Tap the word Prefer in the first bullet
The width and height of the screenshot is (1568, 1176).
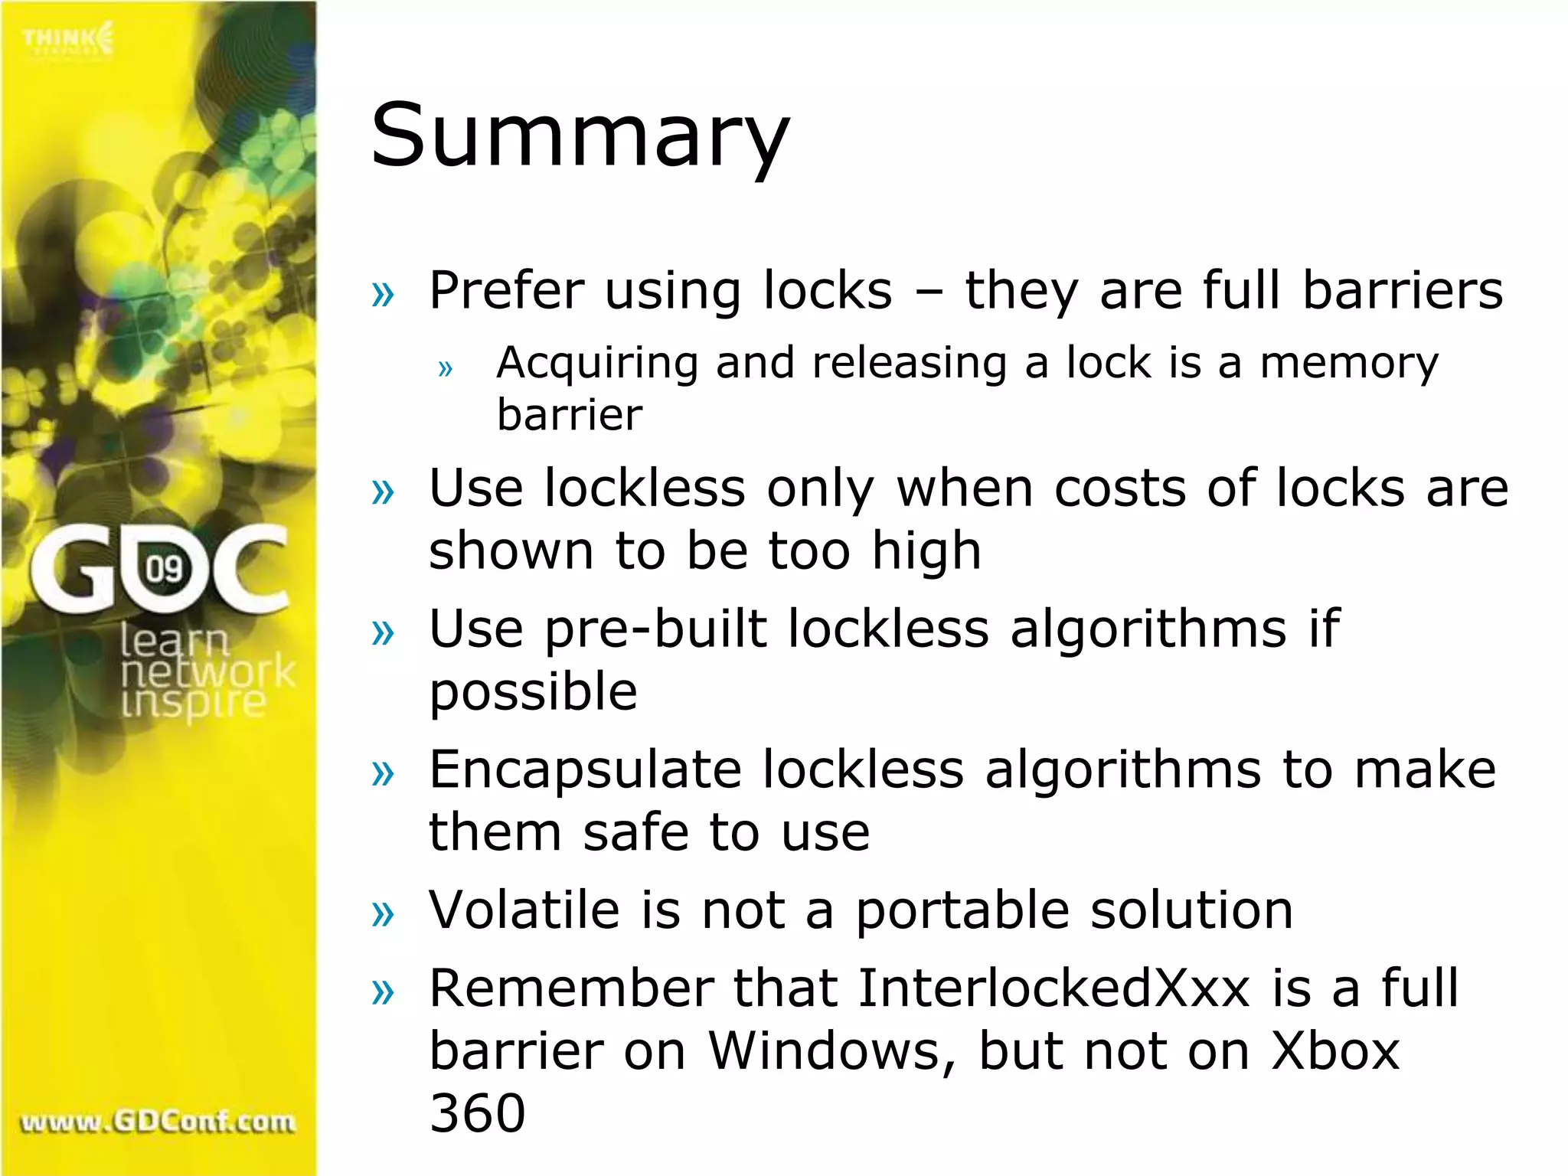[x=507, y=291]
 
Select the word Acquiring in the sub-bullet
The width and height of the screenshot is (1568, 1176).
[x=597, y=363]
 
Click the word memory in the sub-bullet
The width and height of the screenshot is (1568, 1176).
[x=1349, y=363]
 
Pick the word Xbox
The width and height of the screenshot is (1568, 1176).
[x=1335, y=1050]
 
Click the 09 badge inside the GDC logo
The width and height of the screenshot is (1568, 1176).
[x=164, y=569]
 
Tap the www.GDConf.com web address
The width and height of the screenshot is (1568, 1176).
[x=158, y=1122]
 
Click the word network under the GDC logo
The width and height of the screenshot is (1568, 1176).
[x=207, y=672]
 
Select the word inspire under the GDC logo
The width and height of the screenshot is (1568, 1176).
[x=193, y=703]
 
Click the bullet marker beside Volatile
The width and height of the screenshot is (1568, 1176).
[x=382, y=913]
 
